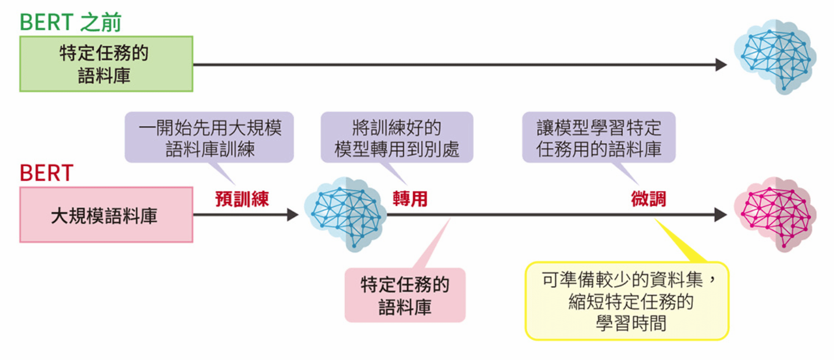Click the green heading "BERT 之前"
pyautogui.click(x=71, y=22)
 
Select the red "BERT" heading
pyautogui.click(x=46, y=173)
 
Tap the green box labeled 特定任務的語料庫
pyautogui.click(x=106, y=64)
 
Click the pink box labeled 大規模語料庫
pyautogui.click(x=106, y=215)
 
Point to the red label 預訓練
pyautogui.click(x=242, y=199)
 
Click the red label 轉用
pyautogui.click(x=410, y=199)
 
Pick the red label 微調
pyautogui.click(x=648, y=199)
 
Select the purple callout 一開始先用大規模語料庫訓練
pyautogui.click(x=210, y=138)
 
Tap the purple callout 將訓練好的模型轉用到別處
pyautogui.click(x=397, y=138)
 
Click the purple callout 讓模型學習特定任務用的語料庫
pyautogui.click(x=598, y=138)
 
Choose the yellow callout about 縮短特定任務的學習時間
pyautogui.click(x=627, y=301)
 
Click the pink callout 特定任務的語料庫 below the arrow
pyautogui.click(x=405, y=295)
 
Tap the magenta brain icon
pyautogui.click(x=774, y=214)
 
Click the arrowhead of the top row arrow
pyautogui.click(x=721, y=65)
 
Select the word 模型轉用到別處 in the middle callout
pyautogui.click(x=397, y=149)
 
